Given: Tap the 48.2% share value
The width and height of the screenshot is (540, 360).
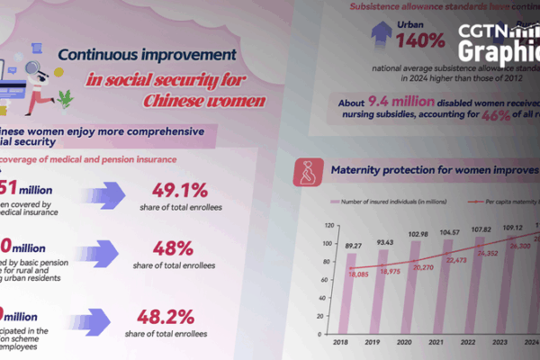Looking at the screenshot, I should pyautogui.click(x=168, y=317).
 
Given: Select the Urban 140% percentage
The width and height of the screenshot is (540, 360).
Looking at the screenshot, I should pyautogui.click(x=417, y=40).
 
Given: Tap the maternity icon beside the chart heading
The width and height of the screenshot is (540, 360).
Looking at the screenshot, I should pyautogui.click(x=308, y=171).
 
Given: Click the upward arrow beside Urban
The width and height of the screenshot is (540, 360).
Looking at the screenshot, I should pyautogui.click(x=381, y=35).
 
